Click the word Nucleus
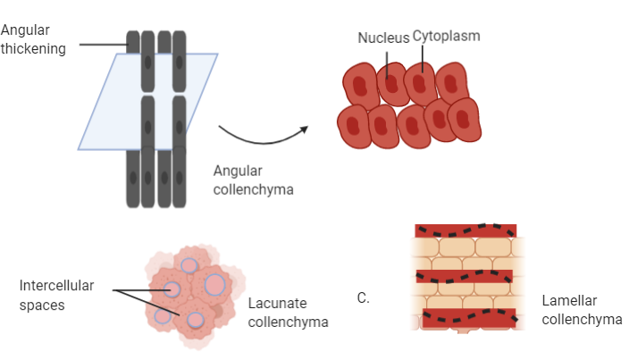tap(383, 38)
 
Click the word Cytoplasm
tap(446, 36)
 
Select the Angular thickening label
tap(33, 39)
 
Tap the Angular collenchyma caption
tap(254, 179)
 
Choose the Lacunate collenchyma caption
tap(288, 312)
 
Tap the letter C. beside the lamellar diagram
tap(363, 298)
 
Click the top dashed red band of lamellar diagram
tap(465, 230)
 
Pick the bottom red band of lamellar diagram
tap(465, 317)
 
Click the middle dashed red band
tap(465, 276)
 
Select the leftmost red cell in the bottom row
tap(353, 125)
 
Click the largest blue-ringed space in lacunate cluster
tap(214, 284)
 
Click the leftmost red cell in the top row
tap(360, 87)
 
